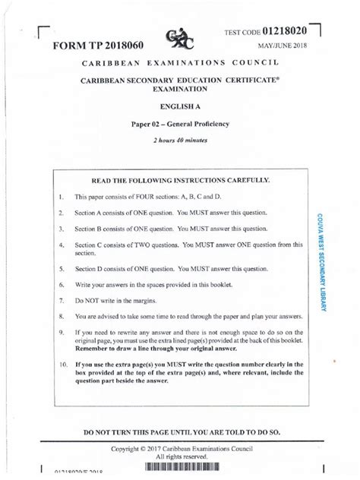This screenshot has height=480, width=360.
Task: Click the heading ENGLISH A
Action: (x=180, y=108)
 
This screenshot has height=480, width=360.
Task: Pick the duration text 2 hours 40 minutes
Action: (x=180, y=141)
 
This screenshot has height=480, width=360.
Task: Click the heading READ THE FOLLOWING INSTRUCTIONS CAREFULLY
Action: (x=180, y=181)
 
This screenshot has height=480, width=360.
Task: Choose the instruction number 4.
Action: (x=60, y=245)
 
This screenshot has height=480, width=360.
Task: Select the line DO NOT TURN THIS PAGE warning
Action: (x=180, y=432)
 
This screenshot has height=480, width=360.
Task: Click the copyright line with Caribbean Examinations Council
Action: (x=180, y=450)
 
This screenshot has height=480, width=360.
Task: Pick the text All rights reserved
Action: (x=180, y=459)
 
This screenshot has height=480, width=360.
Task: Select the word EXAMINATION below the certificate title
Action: (x=180, y=90)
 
